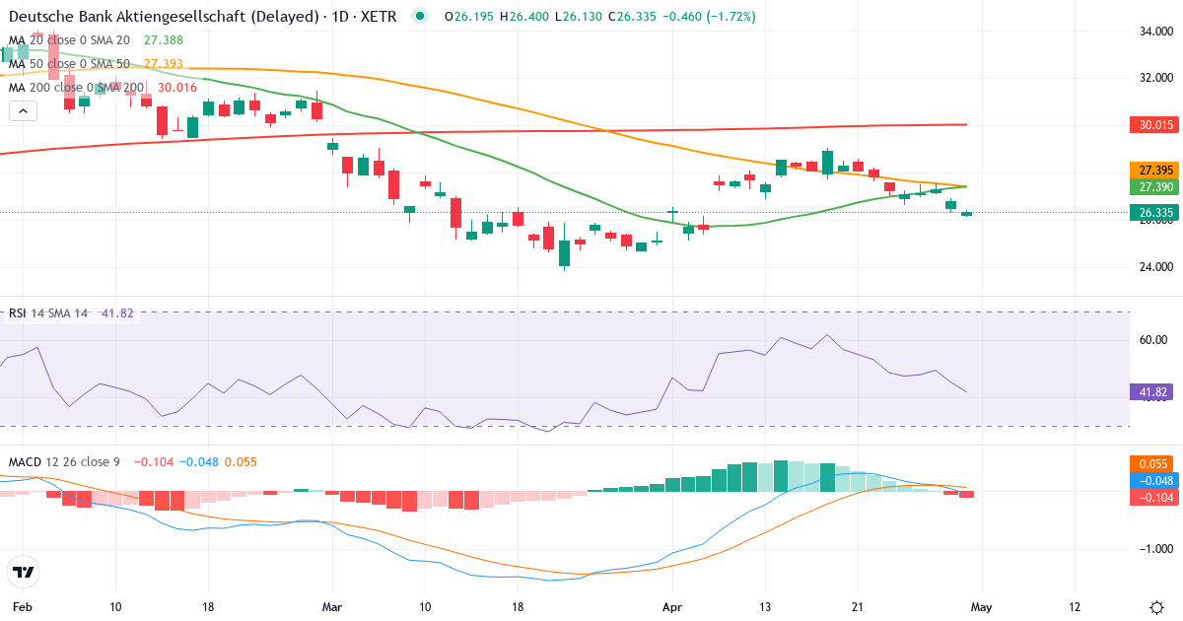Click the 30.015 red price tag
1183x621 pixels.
[1150, 125]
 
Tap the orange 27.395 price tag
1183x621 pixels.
[1150, 170]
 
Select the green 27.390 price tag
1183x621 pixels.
[1150, 186]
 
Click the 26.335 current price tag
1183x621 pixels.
[1150, 212]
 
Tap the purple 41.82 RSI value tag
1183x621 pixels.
[1150, 391]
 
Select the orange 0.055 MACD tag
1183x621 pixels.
[1150, 463]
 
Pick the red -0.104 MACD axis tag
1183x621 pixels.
[1150, 498]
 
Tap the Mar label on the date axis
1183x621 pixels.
[333, 606]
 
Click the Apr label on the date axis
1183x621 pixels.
[672, 606]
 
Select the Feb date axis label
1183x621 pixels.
[23, 606]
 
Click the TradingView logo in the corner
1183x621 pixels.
[24, 572]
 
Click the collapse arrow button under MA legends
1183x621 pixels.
[23, 110]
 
